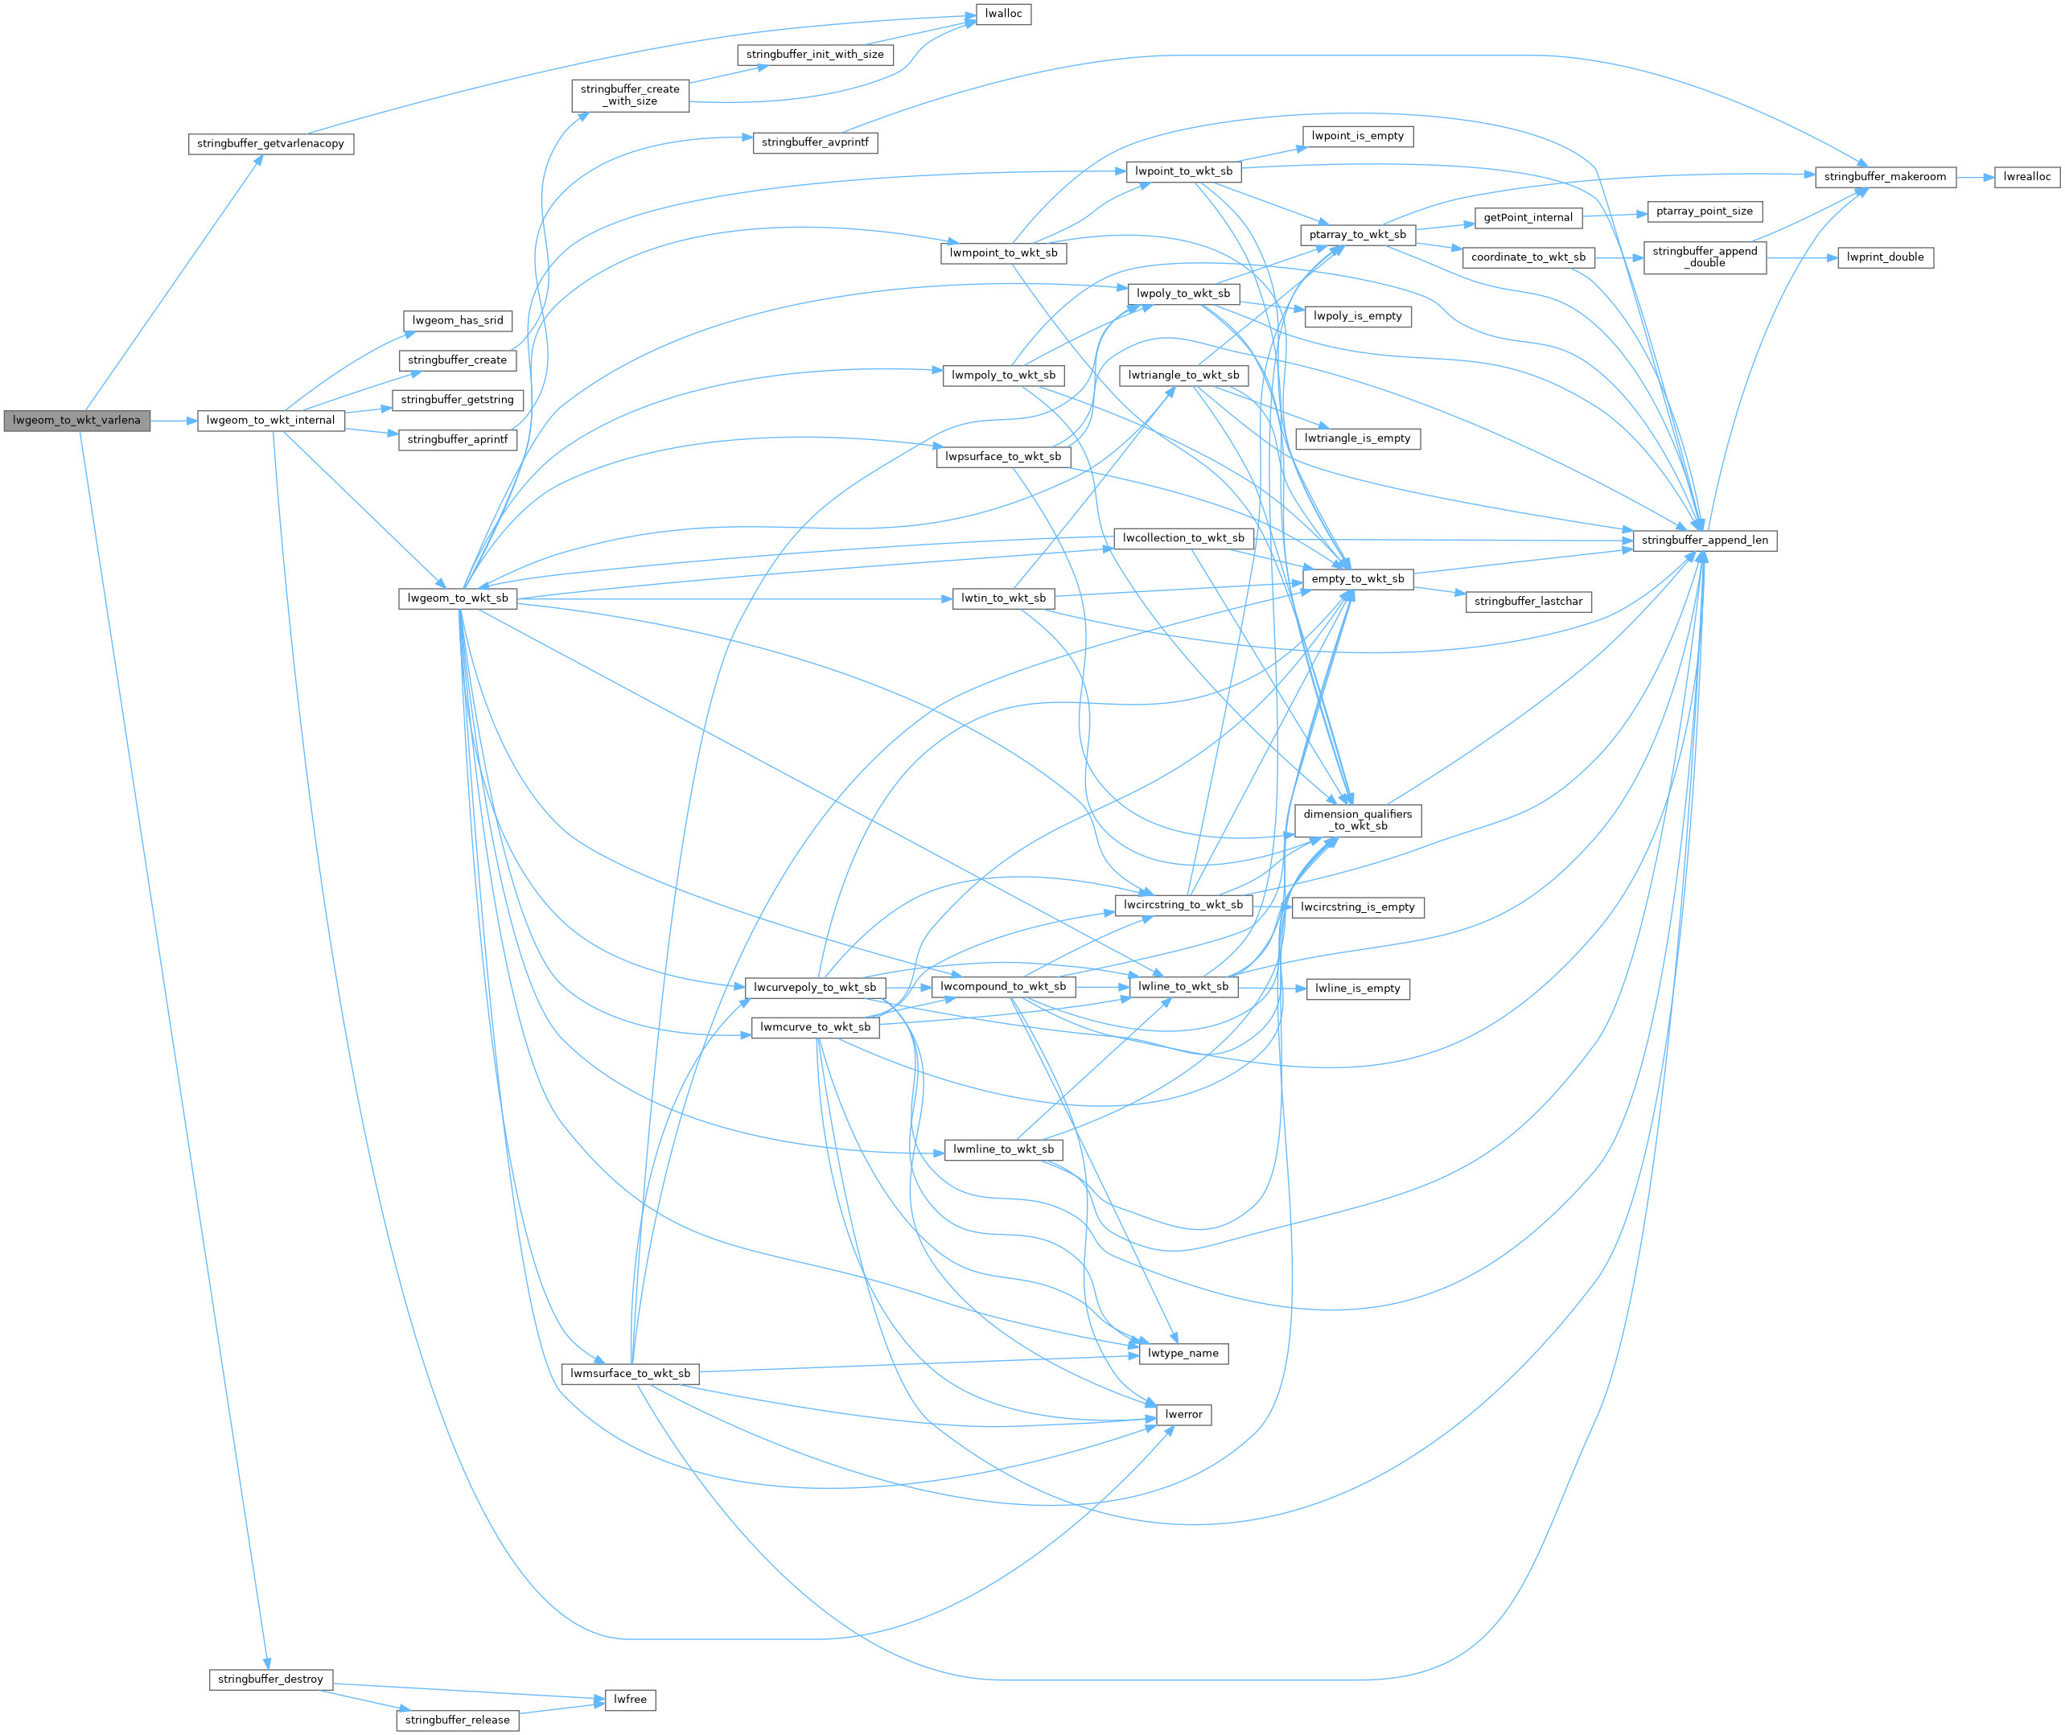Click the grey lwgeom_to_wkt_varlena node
coord(76,420)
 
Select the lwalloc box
coord(1003,14)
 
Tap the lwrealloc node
coord(2026,177)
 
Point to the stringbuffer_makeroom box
coord(1884,177)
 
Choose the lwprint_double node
coord(1885,257)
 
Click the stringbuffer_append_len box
coord(1704,540)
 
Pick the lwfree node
coord(630,1699)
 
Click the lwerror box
coord(1183,1414)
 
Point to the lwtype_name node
coord(1183,1354)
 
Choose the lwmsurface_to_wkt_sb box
coord(630,1373)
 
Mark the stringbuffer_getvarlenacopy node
coord(270,144)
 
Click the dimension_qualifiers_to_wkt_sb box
coord(1358,820)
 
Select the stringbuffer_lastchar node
coord(1528,601)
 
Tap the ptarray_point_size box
coord(1704,212)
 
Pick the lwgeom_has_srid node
coord(458,321)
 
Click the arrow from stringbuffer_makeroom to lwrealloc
coord(1974,177)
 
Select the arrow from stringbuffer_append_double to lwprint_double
coord(1801,257)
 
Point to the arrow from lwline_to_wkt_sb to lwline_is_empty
coord(1271,988)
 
